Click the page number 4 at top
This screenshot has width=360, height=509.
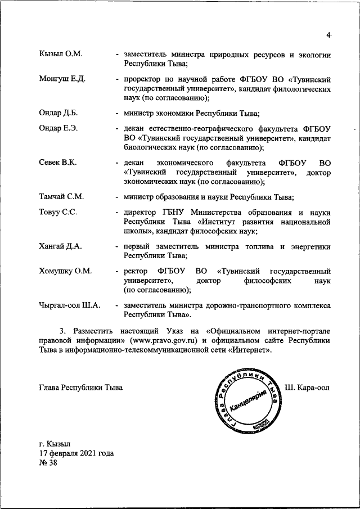tap(328, 36)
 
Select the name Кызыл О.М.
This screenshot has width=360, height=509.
tap(61, 54)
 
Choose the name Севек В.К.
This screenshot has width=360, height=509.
tap(58, 162)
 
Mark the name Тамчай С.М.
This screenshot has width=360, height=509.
tap(61, 197)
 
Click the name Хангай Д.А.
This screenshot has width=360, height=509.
tap(60, 246)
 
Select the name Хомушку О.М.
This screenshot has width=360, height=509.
tap(65, 271)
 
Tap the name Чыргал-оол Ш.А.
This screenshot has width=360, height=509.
tap(70, 305)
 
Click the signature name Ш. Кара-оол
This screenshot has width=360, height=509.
tap(307, 388)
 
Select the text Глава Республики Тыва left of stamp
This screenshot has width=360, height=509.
tap(80, 388)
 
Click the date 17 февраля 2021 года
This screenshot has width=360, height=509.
tap(76, 453)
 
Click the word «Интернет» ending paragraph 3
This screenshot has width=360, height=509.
tap(251, 350)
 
